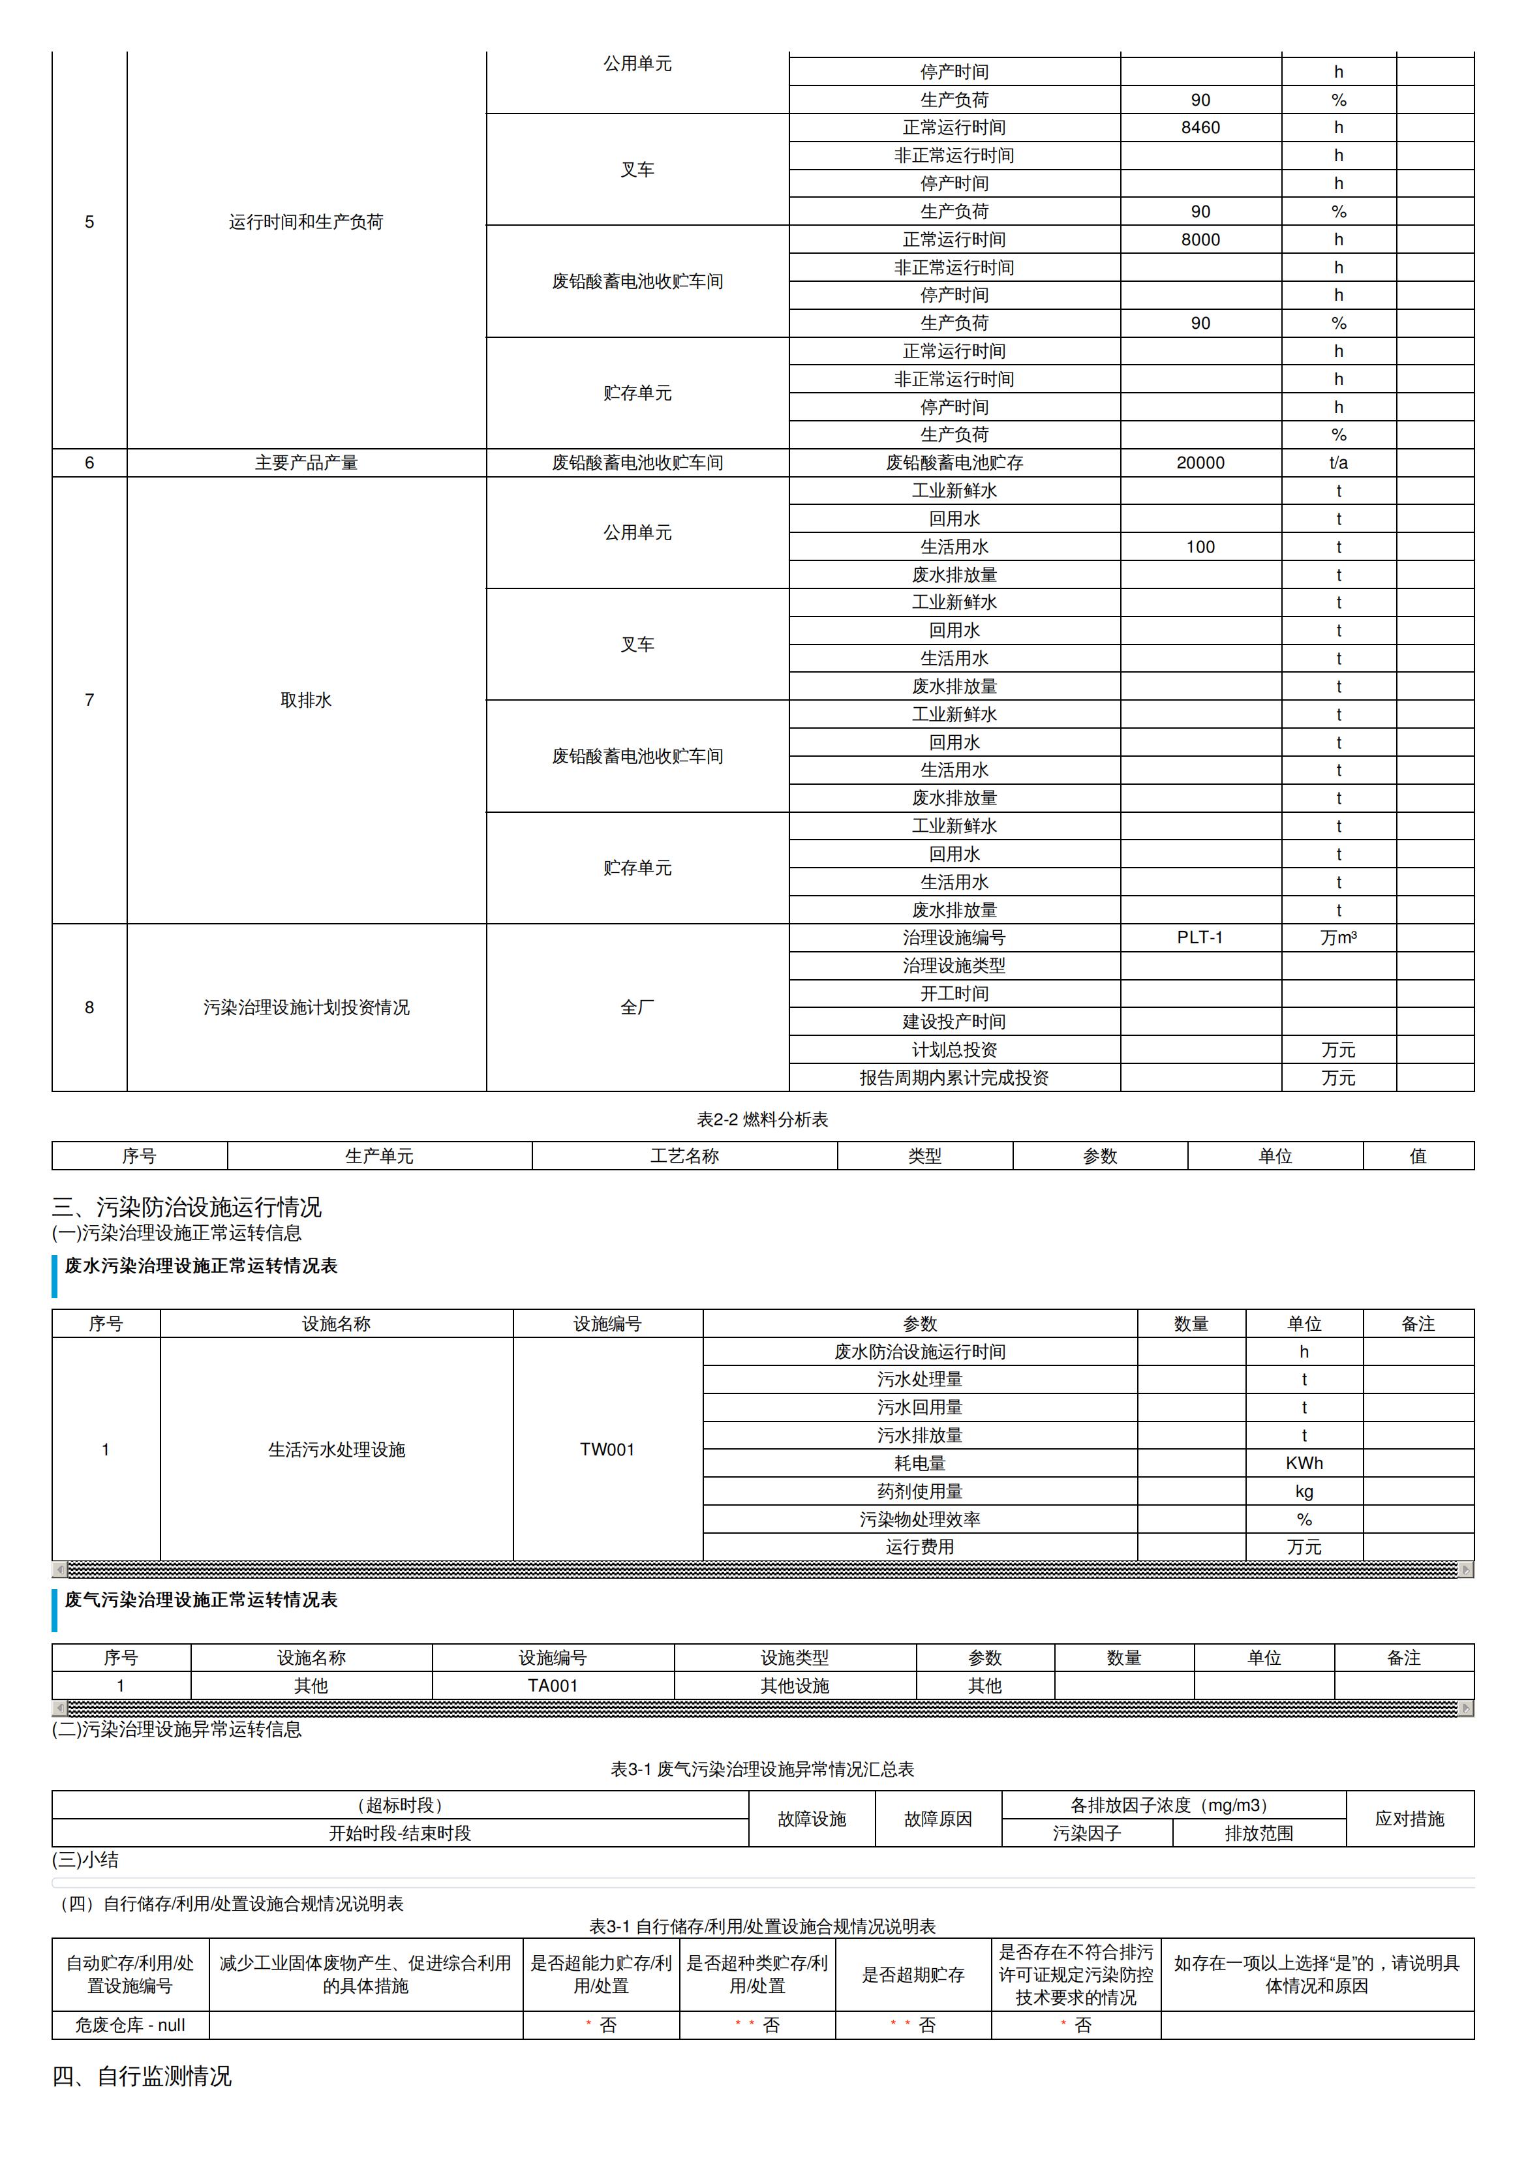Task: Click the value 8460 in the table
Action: click(x=1200, y=128)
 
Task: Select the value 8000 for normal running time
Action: click(x=1200, y=239)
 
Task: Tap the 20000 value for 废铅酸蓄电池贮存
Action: click(x=1200, y=463)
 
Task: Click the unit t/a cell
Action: click(x=1338, y=463)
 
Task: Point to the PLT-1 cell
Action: click(x=1200, y=937)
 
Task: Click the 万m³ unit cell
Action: click(x=1338, y=937)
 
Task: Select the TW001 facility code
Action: click(x=607, y=1450)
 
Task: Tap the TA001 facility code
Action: click(x=553, y=1685)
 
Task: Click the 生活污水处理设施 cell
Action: click(x=337, y=1450)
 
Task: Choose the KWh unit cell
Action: click(x=1304, y=1463)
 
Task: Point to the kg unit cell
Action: click(x=1304, y=1491)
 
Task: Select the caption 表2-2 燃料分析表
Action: click(x=763, y=1119)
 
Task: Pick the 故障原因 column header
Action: click(x=938, y=1819)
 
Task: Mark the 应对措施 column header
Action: click(x=1409, y=1819)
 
